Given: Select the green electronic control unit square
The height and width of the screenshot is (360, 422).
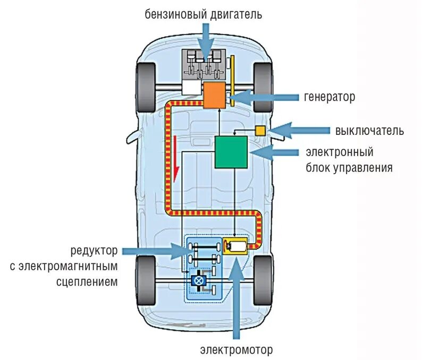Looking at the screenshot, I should point(231,152).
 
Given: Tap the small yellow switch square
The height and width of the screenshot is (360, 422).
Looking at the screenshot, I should point(260,131).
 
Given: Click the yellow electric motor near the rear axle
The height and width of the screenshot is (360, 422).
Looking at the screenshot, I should point(234,246).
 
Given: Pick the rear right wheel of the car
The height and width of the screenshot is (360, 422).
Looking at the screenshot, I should point(263,280).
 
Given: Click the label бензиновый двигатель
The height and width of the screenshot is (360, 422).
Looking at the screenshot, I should point(204,14).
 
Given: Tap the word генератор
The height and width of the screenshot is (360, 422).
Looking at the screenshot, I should point(330,97).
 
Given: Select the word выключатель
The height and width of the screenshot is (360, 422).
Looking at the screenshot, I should point(369,131).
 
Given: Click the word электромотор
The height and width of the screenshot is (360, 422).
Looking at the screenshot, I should point(237,350).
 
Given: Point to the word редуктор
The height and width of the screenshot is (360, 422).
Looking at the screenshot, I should point(94,250).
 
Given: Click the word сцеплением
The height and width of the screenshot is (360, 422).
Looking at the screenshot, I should point(87,281).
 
